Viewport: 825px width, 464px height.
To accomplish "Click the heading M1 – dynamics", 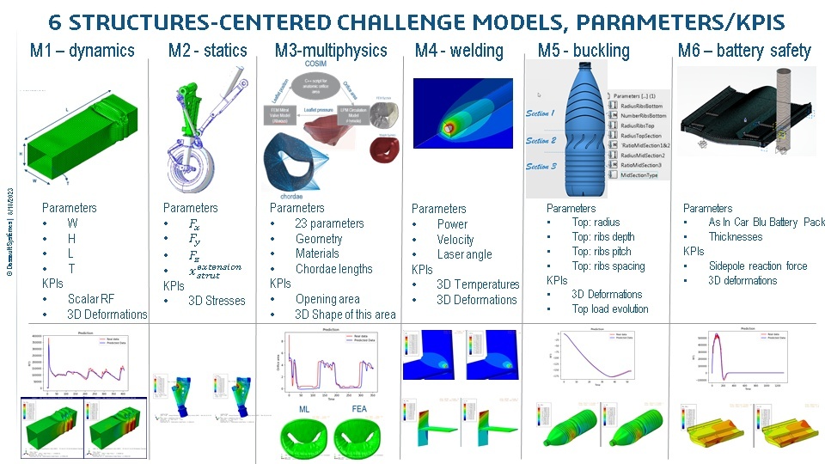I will (82, 51).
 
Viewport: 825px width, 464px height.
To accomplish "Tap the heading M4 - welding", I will (459, 51).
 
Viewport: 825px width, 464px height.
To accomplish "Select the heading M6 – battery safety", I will (744, 51).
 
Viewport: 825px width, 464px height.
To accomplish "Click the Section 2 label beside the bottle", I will (541, 140).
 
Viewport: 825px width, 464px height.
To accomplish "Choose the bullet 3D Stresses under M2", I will (217, 301).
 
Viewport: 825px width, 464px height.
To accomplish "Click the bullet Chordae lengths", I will (333, 269).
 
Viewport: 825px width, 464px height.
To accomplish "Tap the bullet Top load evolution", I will (610, 308).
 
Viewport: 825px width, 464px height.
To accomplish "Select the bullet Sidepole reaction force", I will (758, 266).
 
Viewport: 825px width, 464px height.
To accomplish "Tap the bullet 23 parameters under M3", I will (329, 223).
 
